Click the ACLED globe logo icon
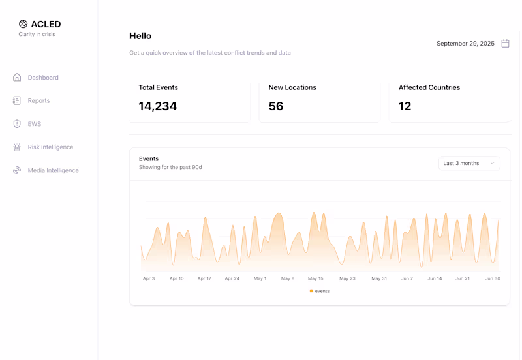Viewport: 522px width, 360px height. coord(23,24)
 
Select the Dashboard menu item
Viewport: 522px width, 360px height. coord(42,78)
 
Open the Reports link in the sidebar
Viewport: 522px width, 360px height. coord(38,101)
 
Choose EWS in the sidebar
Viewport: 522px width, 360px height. coord(34,124)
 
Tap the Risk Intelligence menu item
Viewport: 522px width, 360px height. coord(50,147)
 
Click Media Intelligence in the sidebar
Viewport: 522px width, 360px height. coord(53,170)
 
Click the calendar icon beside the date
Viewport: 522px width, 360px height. coord(505,44)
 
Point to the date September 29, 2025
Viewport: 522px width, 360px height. coord(465,44)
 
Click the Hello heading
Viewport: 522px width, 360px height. coord(140,36)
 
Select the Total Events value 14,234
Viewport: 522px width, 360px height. coord(157,106)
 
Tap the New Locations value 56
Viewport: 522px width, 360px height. coord(276,106)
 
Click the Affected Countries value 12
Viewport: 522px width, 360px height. coord(405,106)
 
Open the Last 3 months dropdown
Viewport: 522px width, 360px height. coord(468,163)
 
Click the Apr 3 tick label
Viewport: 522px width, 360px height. coord(149,278)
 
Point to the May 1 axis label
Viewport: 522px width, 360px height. coord(260,278)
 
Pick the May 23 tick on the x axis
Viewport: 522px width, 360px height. coord(347,278)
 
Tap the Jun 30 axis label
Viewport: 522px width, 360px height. coord(492,278)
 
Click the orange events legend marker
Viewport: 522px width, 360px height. coord(311,291)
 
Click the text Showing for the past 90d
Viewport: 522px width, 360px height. coord(170,168)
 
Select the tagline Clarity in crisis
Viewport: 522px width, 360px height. coord(37,34)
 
